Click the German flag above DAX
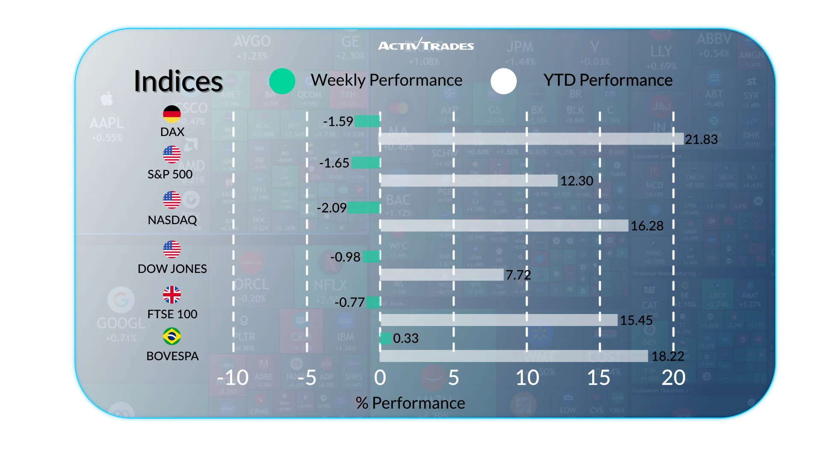click(x=172, y=114)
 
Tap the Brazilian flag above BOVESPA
click(x=172, y=336)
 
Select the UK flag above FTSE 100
click(x=172, y=295)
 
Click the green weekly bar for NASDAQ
click(x=363, y=207)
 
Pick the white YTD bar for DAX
click(x=532, y=139)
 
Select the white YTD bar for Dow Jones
click(x=442, y=275)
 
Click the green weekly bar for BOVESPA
click(x=386, y=338)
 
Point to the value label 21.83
click(x=701, y=139)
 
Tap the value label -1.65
click(x=334, y=163)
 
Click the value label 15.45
click(x=636, y=320)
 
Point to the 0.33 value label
click(x=406, y=338)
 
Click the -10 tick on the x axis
click(x=233, y=378)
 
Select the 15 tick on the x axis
click(x=599, y=378)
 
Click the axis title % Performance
click(x=410, y=403)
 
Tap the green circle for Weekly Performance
click(x=282, y=81)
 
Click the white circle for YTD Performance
click(x=504, y=81)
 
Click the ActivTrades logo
click(x=426, y=45)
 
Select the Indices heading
click(x=178, y=81)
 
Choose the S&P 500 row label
click(x=170, y=175)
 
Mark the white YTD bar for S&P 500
click(x=469, y=181)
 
